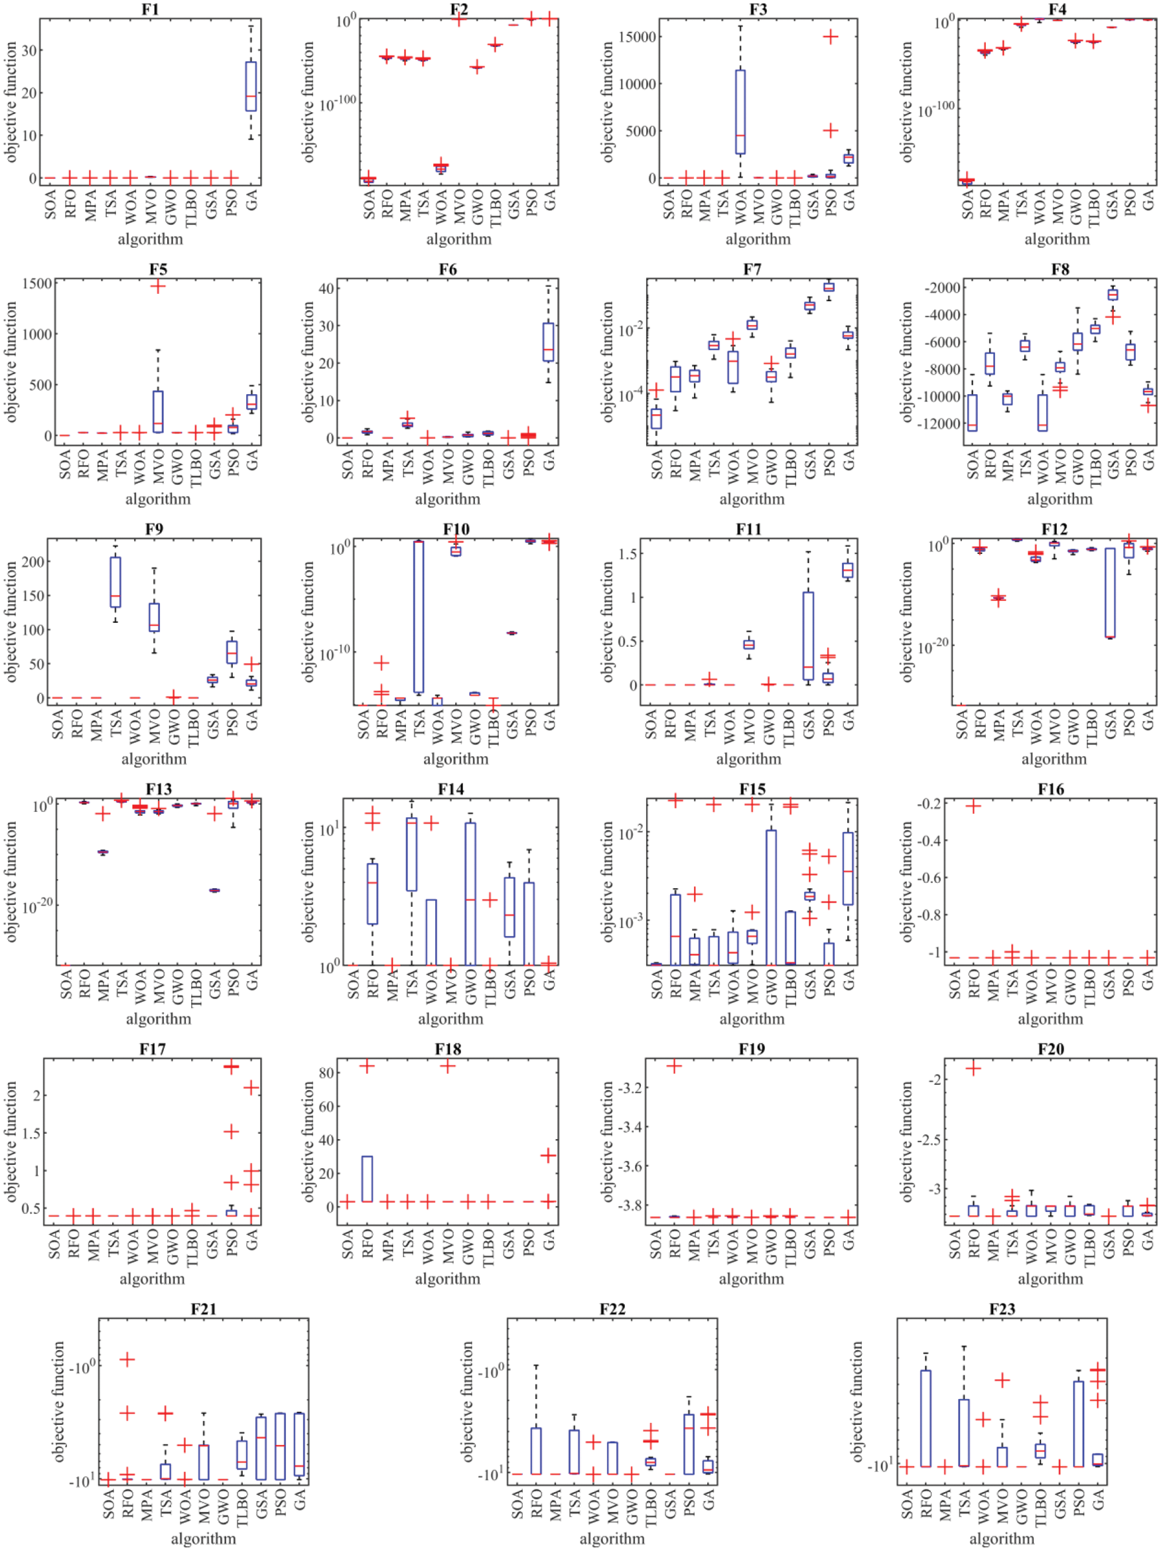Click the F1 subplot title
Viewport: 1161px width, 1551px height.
(149, 9)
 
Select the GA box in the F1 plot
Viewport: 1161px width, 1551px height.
(251, 86)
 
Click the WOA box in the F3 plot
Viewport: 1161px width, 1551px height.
(740, 112)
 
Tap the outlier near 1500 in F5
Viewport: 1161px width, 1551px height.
(158, 286)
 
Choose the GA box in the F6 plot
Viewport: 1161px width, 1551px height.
(548, 342)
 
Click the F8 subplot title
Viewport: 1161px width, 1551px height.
(1059, 269)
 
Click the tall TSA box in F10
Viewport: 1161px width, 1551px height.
(419, 616)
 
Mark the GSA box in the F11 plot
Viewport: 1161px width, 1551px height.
(808, 636)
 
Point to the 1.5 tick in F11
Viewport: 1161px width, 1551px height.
(628, 554)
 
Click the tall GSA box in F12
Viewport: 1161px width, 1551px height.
(1109, 592)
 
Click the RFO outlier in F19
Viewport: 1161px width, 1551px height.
(675, 1067)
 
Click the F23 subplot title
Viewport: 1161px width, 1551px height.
(1001, 1309)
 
